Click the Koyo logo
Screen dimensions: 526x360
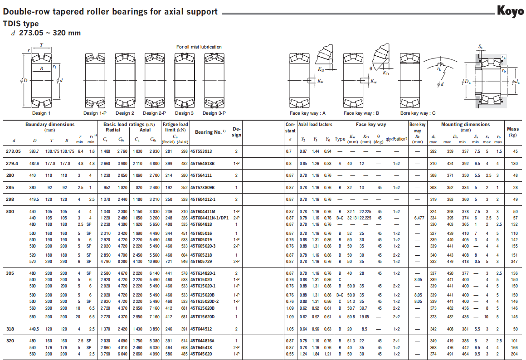pyautogui.click(x=510, y=11)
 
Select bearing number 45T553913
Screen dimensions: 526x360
pyautogui.click(x=201, y=151)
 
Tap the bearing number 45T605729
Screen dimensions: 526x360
pyautogui.click(x=201, y=261)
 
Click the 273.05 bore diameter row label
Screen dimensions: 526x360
pyautogui.click(x=13, y=151)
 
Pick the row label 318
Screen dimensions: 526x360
pyautogui.click(x=10, y=329)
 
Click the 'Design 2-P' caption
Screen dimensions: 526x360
pyautogui.click(x=154, y=113)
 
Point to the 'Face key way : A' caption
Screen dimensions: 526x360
pyautogui.click(x=307, y=113)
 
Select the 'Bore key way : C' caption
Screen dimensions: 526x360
pyautogui.click(x=418, y=113)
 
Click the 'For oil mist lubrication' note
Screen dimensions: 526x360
pyautogui.click(x=199, y=47)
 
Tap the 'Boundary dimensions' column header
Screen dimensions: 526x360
pyautogui.click(x=50, y=125)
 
